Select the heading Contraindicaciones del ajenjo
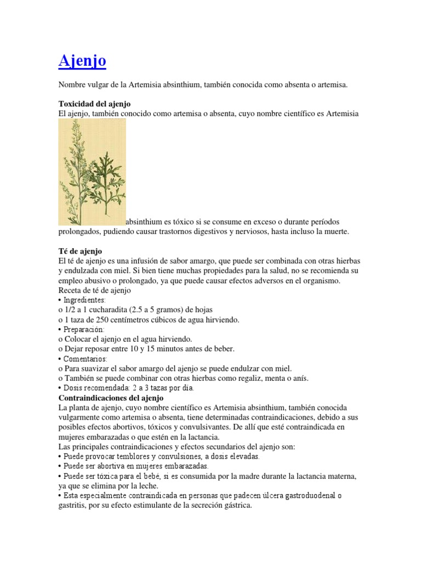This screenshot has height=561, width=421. [x=112, y=398]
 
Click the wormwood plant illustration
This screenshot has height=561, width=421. [x=92, y=171]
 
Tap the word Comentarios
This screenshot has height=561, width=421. [x=85, y=358]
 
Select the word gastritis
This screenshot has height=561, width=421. [x=73, y=506]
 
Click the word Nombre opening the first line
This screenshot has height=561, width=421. [x=73, y=85]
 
